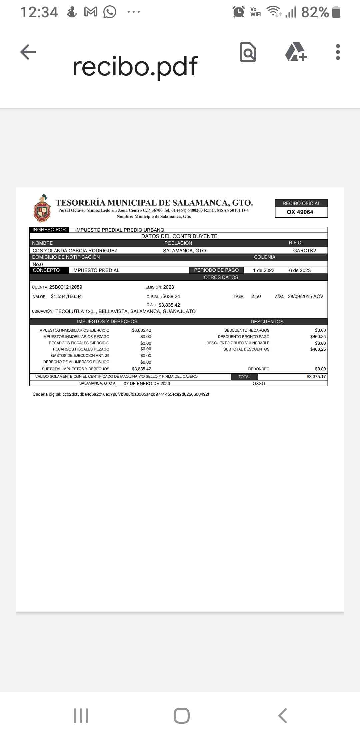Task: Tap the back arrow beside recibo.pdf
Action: tap(28, 52)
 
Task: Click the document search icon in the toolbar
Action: tap(248, 52)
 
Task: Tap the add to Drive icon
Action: tap(296, 52)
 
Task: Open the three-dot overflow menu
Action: tap(338, 52)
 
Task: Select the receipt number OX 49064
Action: tap(300, 212)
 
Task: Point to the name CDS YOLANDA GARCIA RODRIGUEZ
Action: tap(75, 251)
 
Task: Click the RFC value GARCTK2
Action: tap(304, 251)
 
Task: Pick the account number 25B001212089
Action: tap(66, 287)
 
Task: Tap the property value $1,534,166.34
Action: tap(66, 296)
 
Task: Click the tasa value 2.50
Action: tap(256, 296)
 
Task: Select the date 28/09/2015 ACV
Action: tap(305, 296)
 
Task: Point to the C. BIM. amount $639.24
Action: tap(171, 296)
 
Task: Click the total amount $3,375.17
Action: tap(316, 377)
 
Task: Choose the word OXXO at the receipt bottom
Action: tap(259, 384)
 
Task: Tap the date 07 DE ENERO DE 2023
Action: tap(147, 384)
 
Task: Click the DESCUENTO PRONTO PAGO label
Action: tap(244, 337)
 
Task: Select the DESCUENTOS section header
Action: tap(267, 322)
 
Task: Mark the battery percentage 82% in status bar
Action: tap(315, 12)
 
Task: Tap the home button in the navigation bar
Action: tap(182, 716)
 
